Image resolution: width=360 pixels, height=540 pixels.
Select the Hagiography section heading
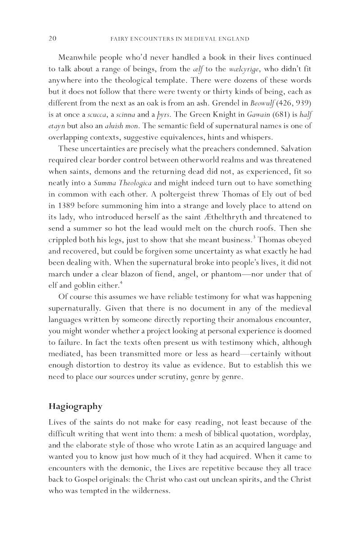(75, 406)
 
